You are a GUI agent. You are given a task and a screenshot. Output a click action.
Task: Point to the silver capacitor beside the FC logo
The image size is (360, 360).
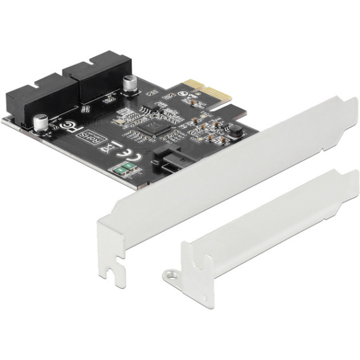pos(41,122)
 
